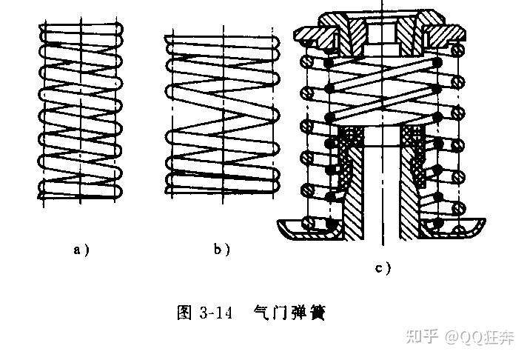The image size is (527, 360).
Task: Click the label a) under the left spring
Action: [x=81, y=250]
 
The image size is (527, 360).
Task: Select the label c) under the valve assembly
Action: [x=383, y=269]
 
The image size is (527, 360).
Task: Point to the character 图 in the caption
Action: [x=184, y=313]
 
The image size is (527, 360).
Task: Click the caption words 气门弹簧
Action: [x=289, y=313]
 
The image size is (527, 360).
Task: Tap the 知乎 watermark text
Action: [x=422, y=337]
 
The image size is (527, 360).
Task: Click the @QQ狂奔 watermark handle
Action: [x=480, y=337]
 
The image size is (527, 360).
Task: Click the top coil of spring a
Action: [x=81, y=29]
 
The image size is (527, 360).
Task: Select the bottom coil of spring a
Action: [x=81, y=193]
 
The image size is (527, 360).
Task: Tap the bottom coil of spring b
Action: [x=222, y=191]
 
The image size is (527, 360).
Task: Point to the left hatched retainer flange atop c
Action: [x=312, y=34]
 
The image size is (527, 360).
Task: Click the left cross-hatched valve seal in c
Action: [x=348, y=156]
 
